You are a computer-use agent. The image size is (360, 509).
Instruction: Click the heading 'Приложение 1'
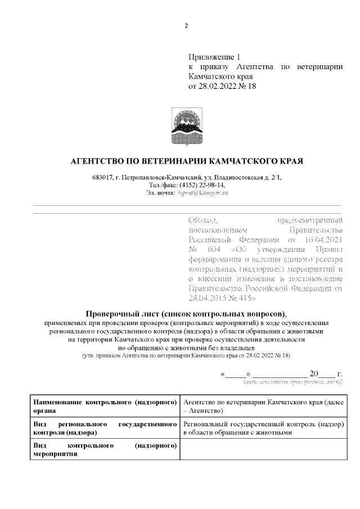coord(214,57)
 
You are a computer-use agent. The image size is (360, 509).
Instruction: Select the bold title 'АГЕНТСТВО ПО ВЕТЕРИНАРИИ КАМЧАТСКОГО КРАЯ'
coord(186,161)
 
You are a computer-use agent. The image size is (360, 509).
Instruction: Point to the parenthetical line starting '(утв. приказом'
coord(186,356)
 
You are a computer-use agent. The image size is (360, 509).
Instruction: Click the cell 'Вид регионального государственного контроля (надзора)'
coord(105,428)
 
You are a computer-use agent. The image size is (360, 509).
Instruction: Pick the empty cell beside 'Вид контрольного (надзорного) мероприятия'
coord(263,449)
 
